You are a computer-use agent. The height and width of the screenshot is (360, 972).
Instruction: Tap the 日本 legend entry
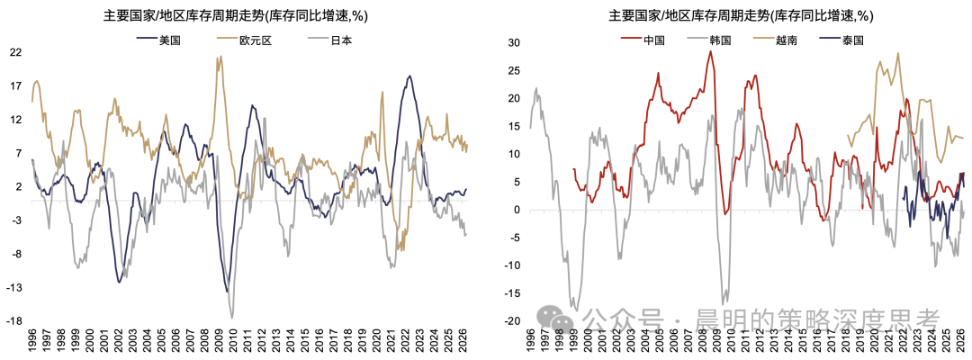(x=331, y=40)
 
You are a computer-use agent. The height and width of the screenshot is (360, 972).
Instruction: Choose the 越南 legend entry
(x=774, y=40)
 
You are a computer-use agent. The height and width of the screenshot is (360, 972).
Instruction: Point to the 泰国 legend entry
(x=840, y=40)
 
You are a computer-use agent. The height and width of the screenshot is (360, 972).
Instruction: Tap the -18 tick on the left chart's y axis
(x=14, y=321)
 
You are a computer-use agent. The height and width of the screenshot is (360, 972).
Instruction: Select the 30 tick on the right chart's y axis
(x=515, y=43)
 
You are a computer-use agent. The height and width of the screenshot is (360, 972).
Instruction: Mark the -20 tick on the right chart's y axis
(x=513, y=321)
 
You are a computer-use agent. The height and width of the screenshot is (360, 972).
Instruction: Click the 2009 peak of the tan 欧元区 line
(x=218, y=57)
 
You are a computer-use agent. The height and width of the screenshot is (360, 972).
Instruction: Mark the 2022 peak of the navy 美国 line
(x=409, y=76)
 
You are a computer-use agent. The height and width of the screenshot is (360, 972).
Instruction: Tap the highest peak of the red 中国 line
(x=710, y=51)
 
